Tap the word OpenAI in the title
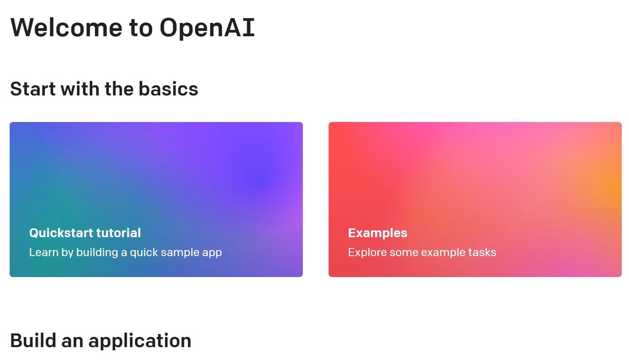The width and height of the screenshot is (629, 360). (x=207, y=27)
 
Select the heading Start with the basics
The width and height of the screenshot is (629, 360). (x=104, y=89)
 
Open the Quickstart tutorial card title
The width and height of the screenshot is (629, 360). (x=85, y=233)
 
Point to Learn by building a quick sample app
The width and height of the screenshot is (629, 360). (x=125, y=252)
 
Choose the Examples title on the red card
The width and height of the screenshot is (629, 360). (x=377, y=233)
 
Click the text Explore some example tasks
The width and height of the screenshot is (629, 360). (x=422, y=252)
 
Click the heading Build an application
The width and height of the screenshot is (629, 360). (x=100, y=341)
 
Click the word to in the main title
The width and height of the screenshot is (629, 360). (x=141, y=27)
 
